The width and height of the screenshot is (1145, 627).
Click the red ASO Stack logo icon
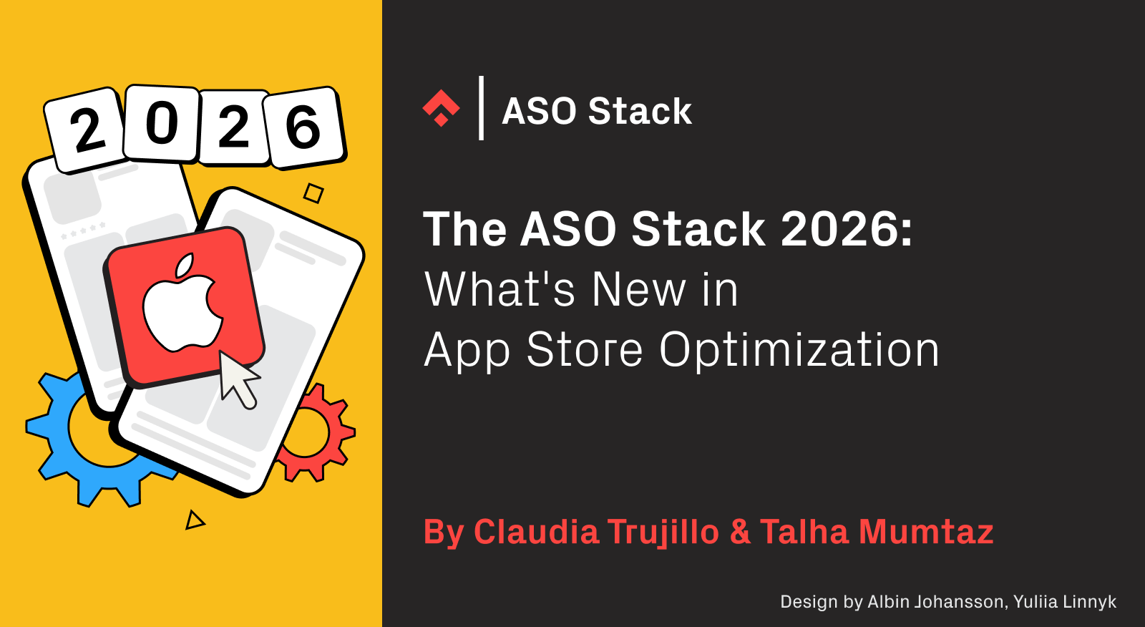[441, 109]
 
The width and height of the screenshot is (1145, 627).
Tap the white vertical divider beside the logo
[482, 108]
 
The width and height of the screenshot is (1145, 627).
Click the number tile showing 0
[162, 124]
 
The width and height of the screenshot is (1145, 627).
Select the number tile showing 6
[303, 127]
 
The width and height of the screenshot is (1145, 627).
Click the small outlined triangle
[194, 520]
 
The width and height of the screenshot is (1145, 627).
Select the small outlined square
[313, 193]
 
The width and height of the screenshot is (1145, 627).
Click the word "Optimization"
[799, 350]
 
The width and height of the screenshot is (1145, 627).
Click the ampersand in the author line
[740, 532]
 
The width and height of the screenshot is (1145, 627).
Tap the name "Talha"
[804, 532]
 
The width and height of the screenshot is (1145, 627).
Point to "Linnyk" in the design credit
[1089, 602]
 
